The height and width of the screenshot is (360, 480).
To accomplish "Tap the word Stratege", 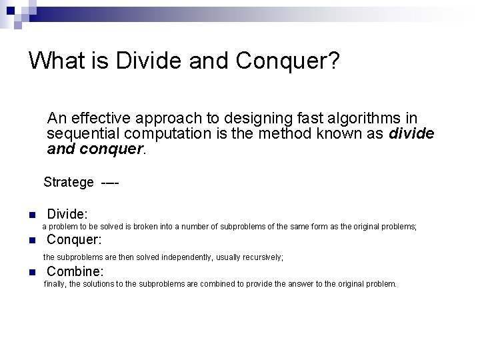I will (69, 182).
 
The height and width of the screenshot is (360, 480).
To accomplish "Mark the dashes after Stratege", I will (111, 182).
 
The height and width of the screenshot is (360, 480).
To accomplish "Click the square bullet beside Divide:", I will (31, 215).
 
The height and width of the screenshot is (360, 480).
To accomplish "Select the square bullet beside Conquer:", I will (31, 241).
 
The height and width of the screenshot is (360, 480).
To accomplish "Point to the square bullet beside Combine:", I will (31, 272).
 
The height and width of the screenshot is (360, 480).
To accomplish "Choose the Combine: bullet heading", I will (75, 271).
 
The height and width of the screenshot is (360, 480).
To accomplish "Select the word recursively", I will (261, 257).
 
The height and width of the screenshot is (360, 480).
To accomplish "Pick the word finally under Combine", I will (55, 284).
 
